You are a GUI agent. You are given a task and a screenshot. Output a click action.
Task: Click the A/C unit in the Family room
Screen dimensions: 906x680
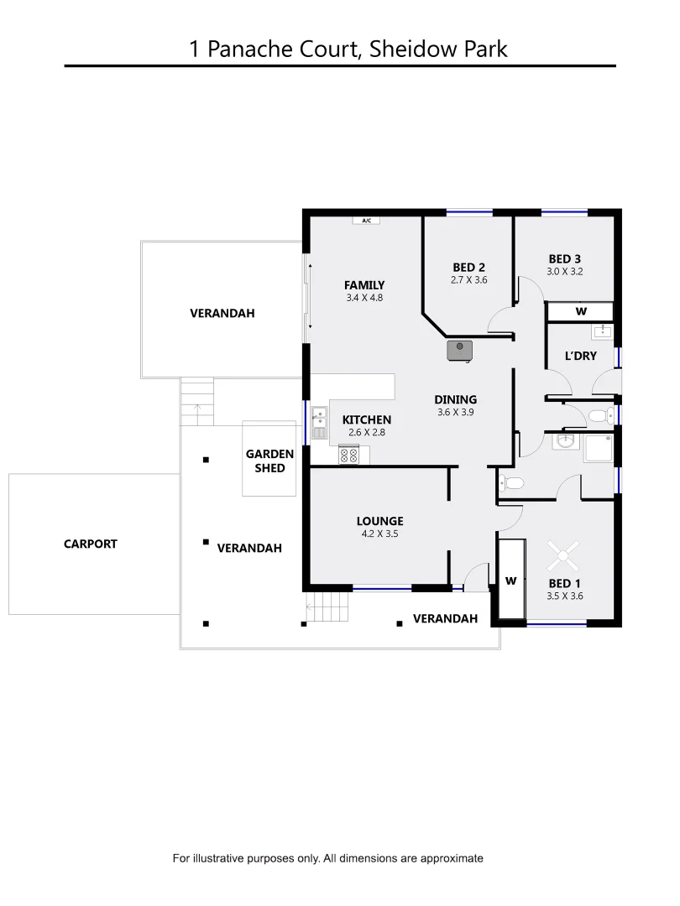(366, 221)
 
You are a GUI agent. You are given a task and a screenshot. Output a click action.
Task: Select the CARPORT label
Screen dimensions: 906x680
(91, 544)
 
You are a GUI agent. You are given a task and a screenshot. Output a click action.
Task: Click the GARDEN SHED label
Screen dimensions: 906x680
(269, 461)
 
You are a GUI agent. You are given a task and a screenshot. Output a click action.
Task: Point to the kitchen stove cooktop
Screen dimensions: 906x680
(349, 455)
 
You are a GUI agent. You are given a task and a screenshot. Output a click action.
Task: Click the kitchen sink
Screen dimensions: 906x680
(319, 423)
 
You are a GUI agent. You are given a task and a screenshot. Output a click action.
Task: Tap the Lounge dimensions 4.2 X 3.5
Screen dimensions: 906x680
(379, 534)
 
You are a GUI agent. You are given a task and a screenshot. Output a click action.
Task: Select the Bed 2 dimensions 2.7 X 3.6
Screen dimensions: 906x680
(469, 280)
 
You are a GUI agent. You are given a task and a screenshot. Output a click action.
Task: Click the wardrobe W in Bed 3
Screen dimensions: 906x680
(580, 311)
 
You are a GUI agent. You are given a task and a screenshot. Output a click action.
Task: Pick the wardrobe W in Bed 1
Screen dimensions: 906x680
(510, 580)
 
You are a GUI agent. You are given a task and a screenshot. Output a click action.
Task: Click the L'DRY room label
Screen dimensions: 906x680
(580, 356)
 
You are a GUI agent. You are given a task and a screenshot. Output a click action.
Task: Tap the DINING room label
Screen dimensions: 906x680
(455, 399)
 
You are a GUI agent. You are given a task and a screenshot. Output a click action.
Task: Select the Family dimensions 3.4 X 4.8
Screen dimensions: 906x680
(364, 297)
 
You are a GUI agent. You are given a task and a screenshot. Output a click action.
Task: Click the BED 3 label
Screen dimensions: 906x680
(564, 258)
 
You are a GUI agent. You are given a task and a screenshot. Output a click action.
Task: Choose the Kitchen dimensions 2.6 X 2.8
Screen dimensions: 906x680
(366, 433)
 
